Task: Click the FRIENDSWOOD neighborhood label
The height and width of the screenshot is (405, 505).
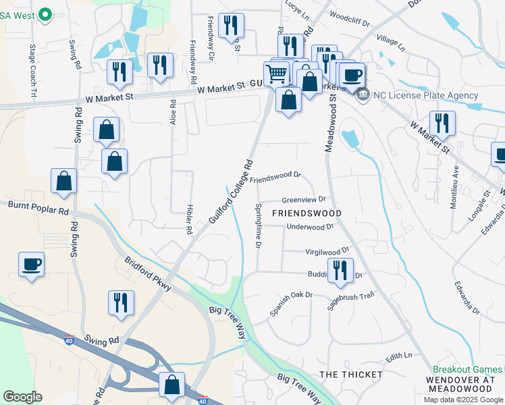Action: [307, 213]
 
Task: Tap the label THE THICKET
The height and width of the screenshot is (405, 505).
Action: [350, 374]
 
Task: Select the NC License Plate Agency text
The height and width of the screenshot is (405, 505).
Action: [425, 95]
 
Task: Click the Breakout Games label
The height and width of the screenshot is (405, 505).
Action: [467, 370]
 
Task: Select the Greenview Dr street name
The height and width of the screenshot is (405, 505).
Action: [304, 200]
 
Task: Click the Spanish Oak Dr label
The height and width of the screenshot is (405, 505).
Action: [292, 303]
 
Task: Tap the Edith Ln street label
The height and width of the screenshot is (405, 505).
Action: [398, 355]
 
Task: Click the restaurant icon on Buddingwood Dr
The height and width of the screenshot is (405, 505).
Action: [340, 270]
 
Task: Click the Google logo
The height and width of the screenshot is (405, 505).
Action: [22, 396]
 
